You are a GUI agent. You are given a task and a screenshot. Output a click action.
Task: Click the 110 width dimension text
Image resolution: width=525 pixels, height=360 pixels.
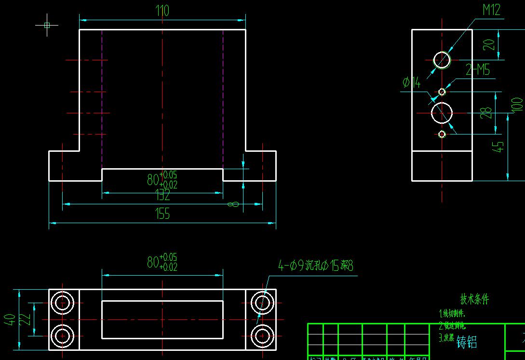click(162, 11)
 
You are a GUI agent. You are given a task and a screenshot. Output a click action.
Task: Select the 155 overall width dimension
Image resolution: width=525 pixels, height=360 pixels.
click(162, 213)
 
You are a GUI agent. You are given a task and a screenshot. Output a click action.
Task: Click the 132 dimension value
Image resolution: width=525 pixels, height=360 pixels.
click(162, 195)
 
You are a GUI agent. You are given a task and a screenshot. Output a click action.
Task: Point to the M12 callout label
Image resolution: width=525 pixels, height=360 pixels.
click(491, 10)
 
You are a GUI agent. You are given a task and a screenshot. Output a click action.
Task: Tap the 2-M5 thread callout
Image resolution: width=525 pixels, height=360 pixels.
click(477, 70)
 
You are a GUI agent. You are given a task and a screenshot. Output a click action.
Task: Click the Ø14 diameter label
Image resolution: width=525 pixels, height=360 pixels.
click(411, 83)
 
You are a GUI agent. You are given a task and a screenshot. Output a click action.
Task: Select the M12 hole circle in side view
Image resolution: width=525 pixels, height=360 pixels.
click(442, 60)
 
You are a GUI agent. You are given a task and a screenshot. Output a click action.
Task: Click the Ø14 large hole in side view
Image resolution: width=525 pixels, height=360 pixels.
click(442, 113)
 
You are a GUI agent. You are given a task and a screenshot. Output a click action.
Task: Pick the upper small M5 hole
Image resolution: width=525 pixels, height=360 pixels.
click(442, 92)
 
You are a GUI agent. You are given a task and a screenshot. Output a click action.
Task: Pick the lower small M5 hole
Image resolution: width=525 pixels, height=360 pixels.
click(442, 134)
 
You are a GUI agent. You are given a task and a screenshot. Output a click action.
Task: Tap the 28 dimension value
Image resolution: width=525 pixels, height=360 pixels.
click(487, 113)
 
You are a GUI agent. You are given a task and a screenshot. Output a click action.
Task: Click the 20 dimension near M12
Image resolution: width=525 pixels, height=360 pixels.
click(489, 45)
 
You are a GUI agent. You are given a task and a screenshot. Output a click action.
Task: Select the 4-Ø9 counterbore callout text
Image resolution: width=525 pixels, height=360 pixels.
click(317, 265)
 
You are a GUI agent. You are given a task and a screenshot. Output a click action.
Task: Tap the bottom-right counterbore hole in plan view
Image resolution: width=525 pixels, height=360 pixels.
click(263, 334)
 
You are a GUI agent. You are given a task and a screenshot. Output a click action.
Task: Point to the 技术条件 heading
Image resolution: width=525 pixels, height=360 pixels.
click(474, 299)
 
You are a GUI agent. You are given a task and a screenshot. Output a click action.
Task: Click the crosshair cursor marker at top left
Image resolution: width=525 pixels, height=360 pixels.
click(47, 25)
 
